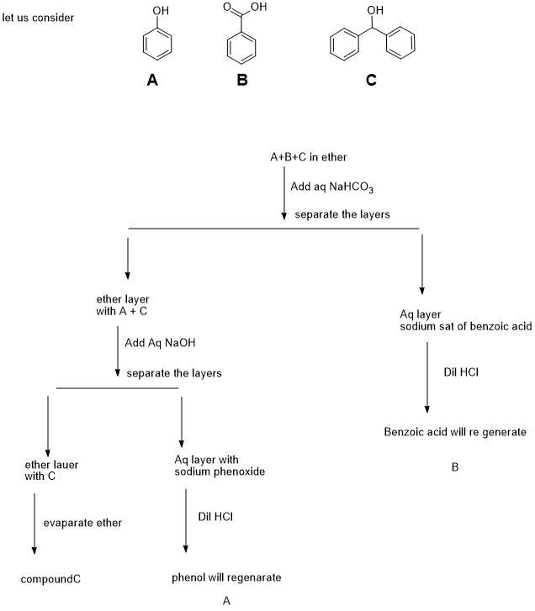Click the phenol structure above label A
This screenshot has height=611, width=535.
152,41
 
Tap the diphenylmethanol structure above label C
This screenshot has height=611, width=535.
371,42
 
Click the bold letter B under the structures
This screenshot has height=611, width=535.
242,82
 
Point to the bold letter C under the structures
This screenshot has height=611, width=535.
371,82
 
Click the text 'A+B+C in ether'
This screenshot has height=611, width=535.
307,157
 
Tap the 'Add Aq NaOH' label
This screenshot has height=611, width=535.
160,343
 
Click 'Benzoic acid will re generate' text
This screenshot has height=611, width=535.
455,432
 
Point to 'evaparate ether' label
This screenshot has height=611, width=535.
82,523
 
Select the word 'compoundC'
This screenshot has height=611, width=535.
51,579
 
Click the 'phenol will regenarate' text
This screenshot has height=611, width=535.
226,577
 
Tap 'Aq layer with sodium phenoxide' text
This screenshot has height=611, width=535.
220,466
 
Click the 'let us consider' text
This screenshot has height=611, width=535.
39,17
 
